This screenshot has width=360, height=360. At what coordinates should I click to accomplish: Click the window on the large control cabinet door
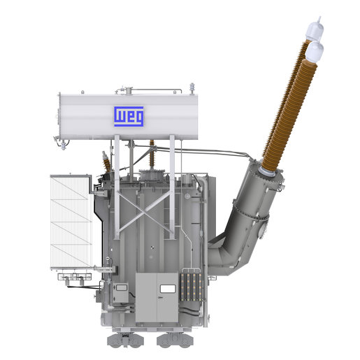(166, 287)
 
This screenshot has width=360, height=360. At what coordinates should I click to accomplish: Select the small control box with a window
(120, 293)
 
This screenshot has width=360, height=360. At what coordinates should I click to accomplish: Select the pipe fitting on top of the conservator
(128, 89)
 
